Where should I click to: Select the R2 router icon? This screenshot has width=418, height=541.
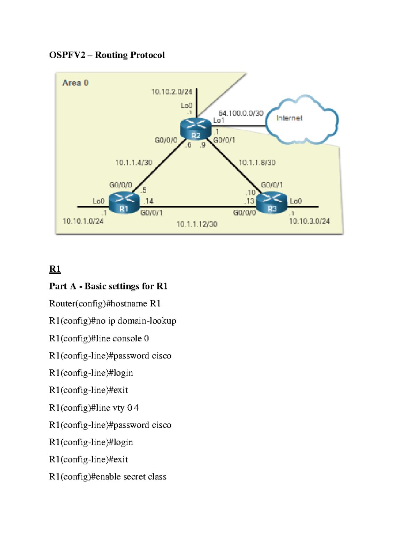click(196, 129)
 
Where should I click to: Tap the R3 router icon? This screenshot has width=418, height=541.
click(272, 203)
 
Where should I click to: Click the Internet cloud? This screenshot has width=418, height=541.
click(302, 119)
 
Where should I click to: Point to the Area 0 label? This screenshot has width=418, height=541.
click(75, 83)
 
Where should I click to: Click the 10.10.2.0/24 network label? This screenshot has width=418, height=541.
click(172, 92)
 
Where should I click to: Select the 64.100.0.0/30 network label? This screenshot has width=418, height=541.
click(241, 113)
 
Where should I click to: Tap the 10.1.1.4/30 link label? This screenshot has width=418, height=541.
click(134, 163)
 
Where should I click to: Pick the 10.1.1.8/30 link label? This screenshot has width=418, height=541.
click(257, 163)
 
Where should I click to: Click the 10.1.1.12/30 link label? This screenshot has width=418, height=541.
click(197, 224)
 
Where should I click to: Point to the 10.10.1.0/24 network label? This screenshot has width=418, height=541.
click(83, 221)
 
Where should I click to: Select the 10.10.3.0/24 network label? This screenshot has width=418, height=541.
click(309, 221)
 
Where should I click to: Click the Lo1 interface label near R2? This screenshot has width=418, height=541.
click(219, 121)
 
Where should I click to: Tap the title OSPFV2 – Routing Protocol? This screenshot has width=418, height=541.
click(107, 55)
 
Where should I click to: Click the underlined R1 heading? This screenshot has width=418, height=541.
click(55, 269)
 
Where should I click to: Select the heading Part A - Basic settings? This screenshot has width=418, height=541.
click(108, 286)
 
